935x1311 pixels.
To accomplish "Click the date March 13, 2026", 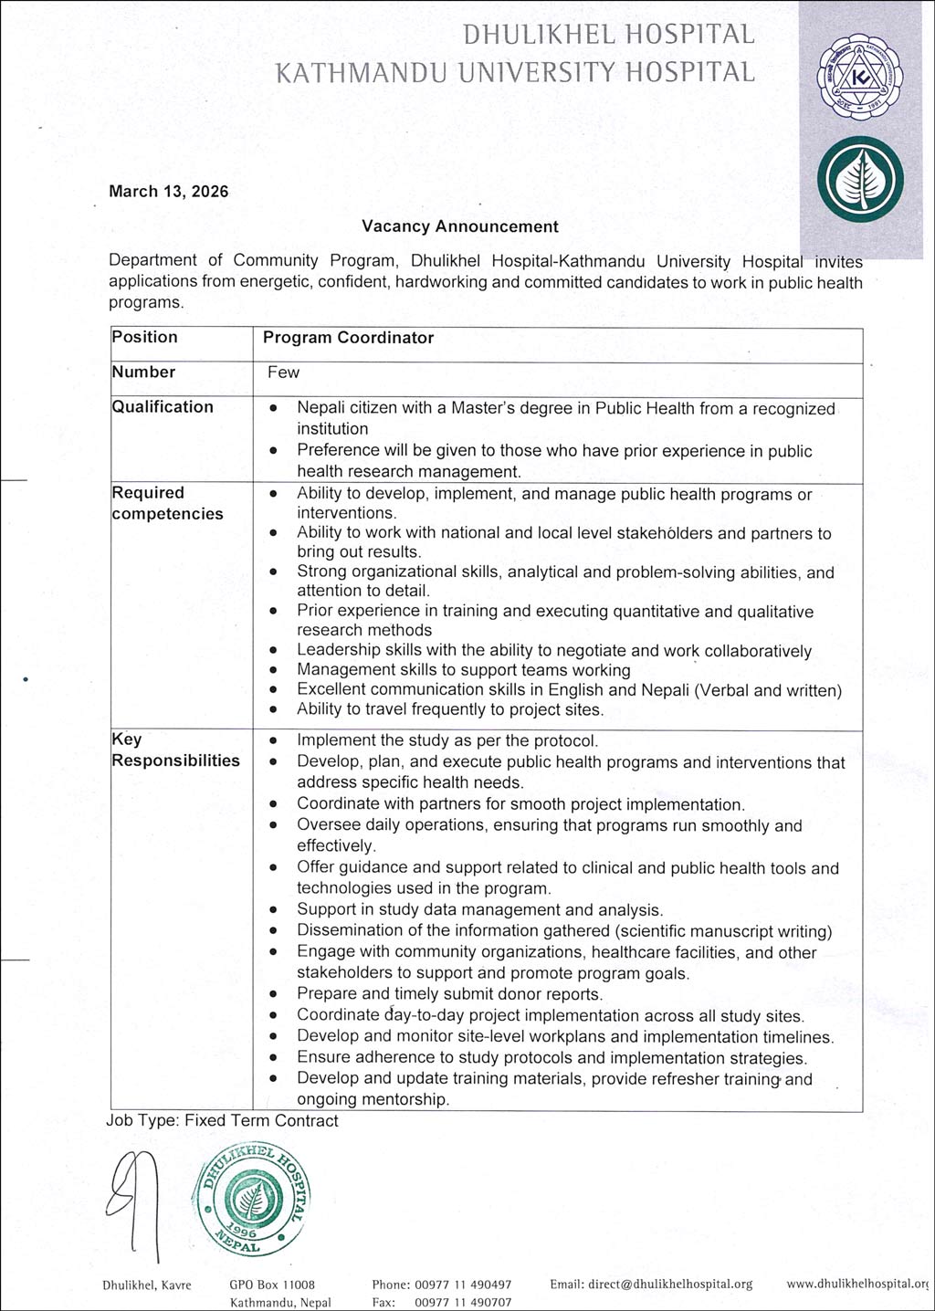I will tap(168, 192).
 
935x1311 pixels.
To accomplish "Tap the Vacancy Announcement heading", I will tap(459, 226).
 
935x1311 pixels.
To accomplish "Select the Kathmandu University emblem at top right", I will tap(857, 79).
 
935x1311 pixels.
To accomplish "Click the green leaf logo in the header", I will tap(859, 180).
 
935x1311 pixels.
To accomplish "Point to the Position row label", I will tap(144, 337).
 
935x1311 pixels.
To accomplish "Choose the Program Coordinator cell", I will tap(348, 338).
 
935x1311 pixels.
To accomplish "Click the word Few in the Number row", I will tap(283, 372).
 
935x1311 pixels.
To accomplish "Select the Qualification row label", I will tap(163, 407).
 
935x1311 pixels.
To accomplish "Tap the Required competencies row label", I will tap(167, 503).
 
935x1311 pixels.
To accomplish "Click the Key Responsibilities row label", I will tap(175, 750).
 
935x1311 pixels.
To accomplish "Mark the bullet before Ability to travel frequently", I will tap(274, 710).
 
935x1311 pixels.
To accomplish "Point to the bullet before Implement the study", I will tap(274, 741).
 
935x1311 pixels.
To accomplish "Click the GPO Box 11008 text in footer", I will tap(272, 1285).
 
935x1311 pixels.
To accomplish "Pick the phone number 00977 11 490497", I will tap(463, 1285).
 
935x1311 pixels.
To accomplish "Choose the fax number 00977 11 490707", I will tap(463, 1303).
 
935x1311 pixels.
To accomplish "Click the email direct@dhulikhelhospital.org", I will tap(651, 1285).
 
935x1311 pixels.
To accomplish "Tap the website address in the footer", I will tap(856, 1285).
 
